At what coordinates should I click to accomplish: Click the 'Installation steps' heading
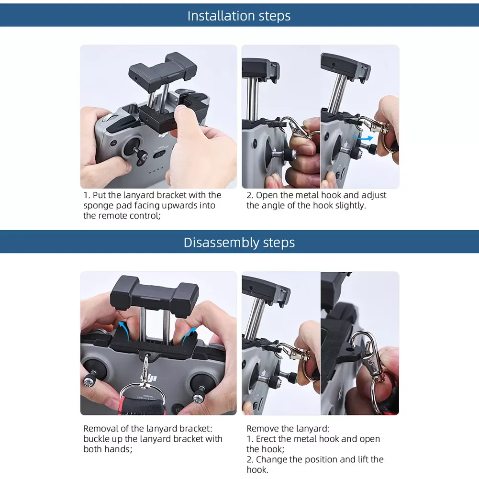[239, 16]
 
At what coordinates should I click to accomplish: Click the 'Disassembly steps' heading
[239, 243]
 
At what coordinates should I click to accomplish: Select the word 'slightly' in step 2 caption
[350, 206]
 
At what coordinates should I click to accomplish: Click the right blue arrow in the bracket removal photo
[189, 334]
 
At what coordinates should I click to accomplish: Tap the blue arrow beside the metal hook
[363, 137]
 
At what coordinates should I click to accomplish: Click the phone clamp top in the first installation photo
[163, 72]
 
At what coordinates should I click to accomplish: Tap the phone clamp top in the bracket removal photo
[155, 294]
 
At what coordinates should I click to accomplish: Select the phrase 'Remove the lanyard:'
[288, 429]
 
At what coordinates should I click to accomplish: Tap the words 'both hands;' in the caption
[108, 449]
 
